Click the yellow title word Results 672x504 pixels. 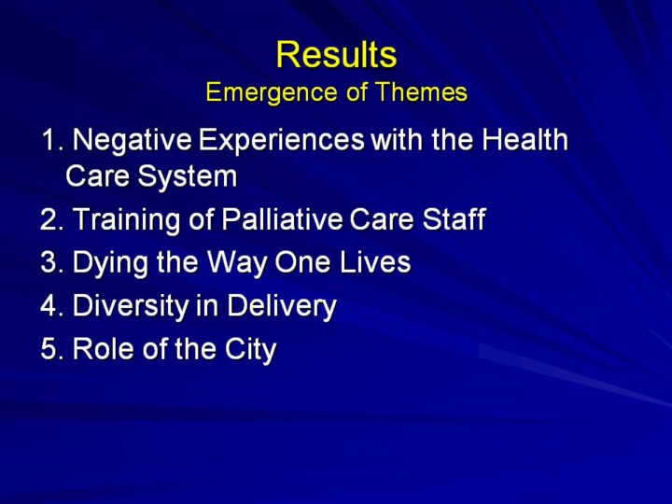[336, 54]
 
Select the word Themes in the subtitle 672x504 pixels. [421, 91]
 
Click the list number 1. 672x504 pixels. [53, 139]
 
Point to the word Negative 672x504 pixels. [132, 140]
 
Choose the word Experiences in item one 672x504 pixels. [282, 140]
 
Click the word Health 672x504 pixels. [525, 139]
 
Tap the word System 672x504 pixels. [188, 176]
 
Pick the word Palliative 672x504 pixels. [282, 218]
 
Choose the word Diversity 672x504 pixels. [131, 306]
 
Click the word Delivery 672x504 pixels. [282, 306]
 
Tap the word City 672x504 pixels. [251, 349]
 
